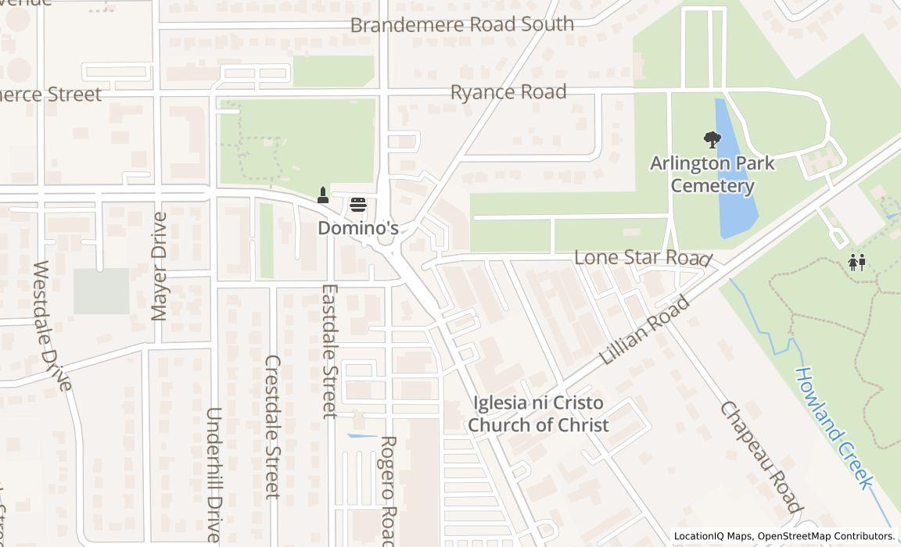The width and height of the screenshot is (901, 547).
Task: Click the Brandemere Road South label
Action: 461,24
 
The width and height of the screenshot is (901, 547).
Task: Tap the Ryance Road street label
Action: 508,92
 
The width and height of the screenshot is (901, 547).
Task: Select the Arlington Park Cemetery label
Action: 712,174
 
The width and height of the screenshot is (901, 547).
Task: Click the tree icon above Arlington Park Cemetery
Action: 712,141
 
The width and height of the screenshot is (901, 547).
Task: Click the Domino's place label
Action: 357,228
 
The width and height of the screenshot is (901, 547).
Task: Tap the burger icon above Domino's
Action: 358,205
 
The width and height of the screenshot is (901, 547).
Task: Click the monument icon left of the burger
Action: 322,195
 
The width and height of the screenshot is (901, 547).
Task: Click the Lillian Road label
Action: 645,331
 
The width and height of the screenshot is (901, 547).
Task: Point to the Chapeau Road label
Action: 761,457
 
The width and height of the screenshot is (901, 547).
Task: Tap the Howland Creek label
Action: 834,427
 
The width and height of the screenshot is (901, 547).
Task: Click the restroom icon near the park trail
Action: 856,263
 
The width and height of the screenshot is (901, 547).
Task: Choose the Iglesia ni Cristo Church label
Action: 540,414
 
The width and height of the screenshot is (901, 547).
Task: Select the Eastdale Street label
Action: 329,351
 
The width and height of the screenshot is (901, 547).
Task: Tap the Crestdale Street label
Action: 272,427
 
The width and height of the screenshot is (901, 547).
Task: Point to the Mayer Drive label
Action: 159,266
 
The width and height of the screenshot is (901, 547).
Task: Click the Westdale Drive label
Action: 52,324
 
